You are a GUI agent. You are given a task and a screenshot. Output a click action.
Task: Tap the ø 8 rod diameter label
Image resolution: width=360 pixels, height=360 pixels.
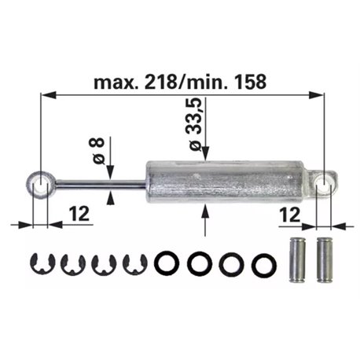pyautogui.click(x=96, y=151)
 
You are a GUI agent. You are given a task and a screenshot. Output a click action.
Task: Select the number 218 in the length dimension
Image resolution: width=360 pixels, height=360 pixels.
pyautogui.click(x=160, y=82)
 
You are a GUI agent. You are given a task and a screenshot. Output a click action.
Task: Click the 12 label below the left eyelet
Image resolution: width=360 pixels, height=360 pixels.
pyautogui.click(x=79, y=214)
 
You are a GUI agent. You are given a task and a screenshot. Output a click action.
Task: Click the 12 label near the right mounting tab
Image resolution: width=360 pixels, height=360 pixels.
pyautogui.click(x=290, y=215)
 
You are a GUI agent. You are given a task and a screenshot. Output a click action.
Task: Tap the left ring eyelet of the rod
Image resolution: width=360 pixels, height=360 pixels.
pyautogui.click(x=40, y=184)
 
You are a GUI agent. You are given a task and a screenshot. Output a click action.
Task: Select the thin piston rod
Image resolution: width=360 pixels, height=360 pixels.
pyautogui.click(x=101, y=184)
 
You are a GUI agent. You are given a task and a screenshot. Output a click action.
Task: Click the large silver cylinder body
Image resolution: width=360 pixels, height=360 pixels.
pyautogui.click(x=226, y=182)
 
